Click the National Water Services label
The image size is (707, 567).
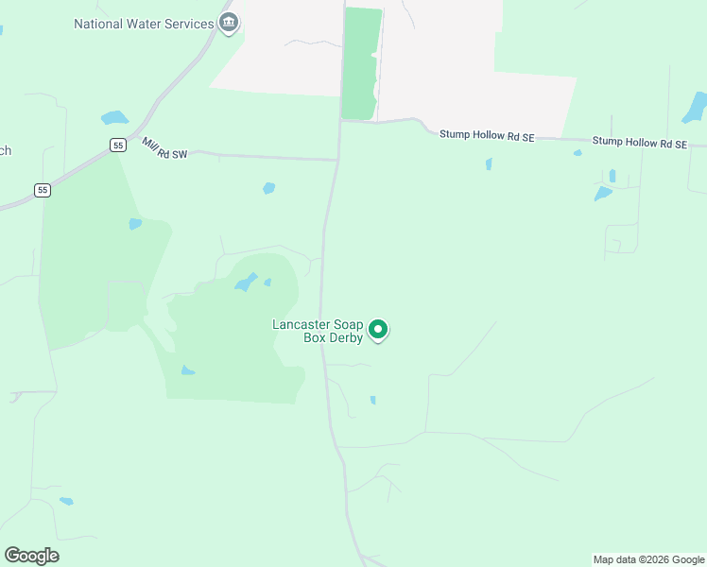[144, 24]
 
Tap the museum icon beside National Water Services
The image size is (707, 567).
[228, 23]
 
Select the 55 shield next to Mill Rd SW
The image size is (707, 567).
[117, 145]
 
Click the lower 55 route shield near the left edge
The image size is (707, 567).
[43, 190]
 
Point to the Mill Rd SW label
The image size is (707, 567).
[164, 147]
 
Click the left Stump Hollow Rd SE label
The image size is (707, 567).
[487, 136]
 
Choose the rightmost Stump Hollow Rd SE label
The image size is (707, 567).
[639, 143]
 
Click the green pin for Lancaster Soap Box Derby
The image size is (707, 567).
[378, 330]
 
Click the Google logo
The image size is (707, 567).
[31, 556]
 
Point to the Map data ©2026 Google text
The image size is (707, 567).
[648, 559]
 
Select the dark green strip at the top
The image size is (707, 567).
[360, 62]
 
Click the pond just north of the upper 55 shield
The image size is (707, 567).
[114, 118]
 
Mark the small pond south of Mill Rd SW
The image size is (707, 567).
[269, 188]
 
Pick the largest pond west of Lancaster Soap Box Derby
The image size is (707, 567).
[246, 282]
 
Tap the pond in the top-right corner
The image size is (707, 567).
[695, 107]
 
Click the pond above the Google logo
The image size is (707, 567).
[65, 501]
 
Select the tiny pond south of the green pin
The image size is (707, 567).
[372, 400]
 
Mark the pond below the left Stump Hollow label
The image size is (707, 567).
[489, 163]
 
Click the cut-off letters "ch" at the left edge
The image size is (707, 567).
[5, 151]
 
